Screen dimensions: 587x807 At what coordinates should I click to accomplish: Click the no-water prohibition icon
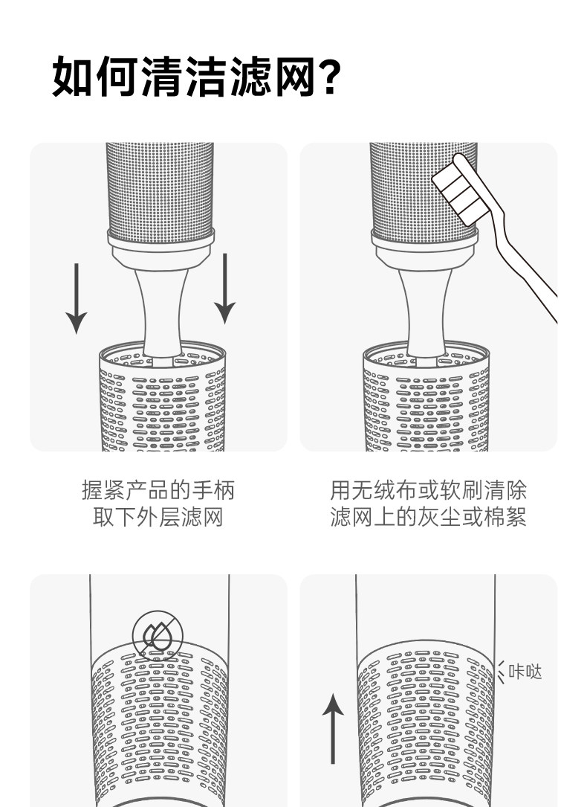tap(154, 634)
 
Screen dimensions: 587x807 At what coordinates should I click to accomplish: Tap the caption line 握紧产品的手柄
tap(158, 491)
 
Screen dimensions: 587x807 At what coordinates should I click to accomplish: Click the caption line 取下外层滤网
tap(158, 517)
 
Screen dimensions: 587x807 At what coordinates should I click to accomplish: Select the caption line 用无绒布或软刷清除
tap(428, 491)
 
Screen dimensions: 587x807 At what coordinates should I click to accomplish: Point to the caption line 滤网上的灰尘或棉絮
tap(428, 517)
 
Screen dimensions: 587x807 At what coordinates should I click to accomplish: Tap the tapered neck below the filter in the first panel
tap(160, 305)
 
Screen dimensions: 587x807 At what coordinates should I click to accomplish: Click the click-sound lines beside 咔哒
tap(501, 672)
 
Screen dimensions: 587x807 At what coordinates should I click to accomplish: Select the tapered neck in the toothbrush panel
tap(424, 305)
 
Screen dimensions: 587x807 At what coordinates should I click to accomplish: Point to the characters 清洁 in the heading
tap(184, 77)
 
